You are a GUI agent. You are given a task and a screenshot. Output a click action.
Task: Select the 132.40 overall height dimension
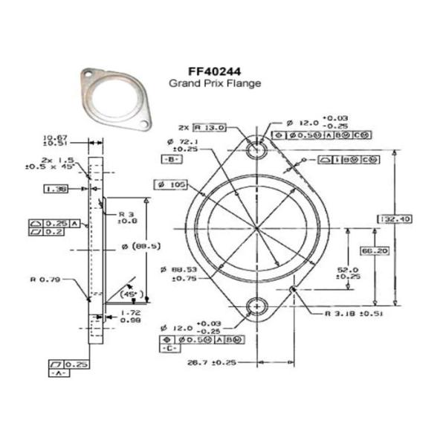click(x=416, y=219)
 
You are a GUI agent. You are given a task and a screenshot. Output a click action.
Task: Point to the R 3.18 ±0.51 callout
click(x=354, y=314)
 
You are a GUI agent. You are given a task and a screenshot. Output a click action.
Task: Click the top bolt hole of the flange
click(x=257, y=149)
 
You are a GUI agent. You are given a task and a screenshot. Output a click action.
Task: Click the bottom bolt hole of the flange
click(x=257, y=305)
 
